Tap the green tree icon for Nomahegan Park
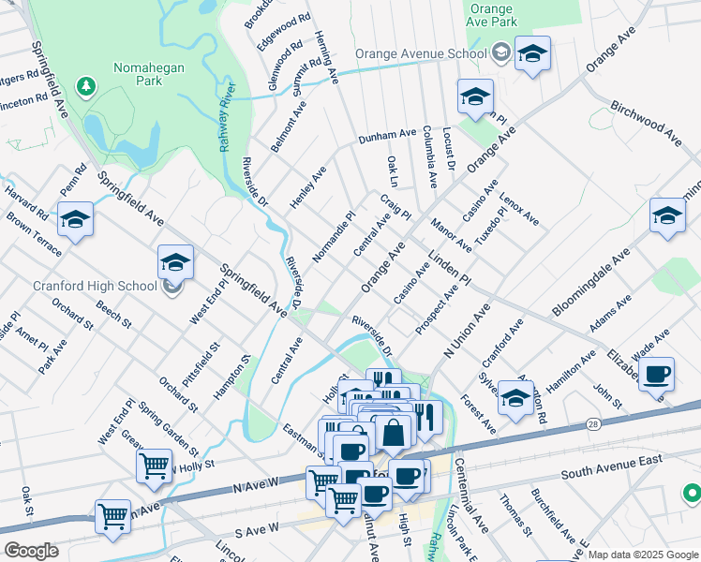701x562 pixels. coord(87,86)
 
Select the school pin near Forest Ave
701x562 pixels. coord(515,397)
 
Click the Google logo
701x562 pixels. coord(30,550)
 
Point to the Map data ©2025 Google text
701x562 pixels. coord(643,555)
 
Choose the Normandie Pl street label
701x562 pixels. coord(335,235)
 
